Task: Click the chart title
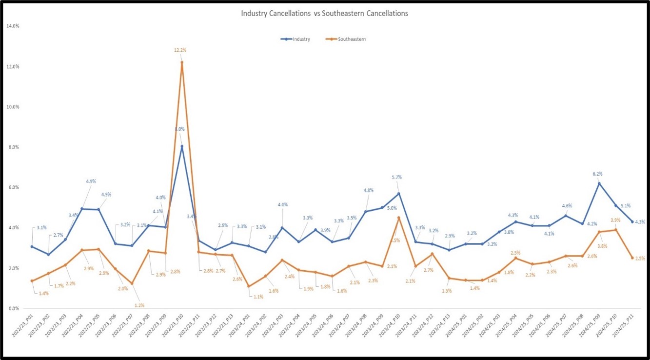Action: point(324,14)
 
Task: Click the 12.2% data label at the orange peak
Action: point(181,50)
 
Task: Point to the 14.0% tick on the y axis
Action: point(12,26)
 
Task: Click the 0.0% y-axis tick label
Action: point(13,308)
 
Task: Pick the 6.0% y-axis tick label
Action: point(13,187)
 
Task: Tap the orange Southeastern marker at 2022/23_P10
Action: point(181,62)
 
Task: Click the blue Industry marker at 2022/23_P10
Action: point(181,146)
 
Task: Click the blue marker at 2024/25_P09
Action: point(599,183)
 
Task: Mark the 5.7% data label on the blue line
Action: point(397,177)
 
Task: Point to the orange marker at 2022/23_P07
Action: point(132,283)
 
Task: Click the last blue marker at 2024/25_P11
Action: point(632,221)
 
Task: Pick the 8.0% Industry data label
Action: point(179,129)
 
